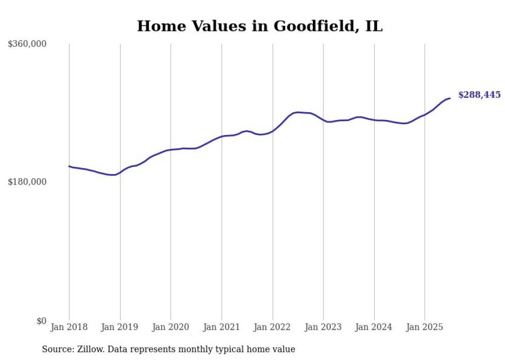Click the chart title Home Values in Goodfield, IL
(x=260, y=26)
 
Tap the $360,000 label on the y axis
(x=27, y=44)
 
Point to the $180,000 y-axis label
(x=27, y=182)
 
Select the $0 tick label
(x=42, y=321)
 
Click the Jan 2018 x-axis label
(x=69, y=327)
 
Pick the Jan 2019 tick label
(x=120, y=327)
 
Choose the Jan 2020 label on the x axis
(x=171, y=327)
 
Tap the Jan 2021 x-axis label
(x=222, y=327)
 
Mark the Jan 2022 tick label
(x=273, y=327)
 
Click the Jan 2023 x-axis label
(x=323, y=327)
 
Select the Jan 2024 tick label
(x=374, y=327)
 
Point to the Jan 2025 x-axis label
(x=425, y=327)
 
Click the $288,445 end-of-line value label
(x=479, y=95)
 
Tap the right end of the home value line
(x=450, y=98)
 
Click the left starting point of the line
(x=69, y=166)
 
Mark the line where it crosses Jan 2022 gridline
(x=273, y=131)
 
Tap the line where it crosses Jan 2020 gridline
(x=171, y=150)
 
